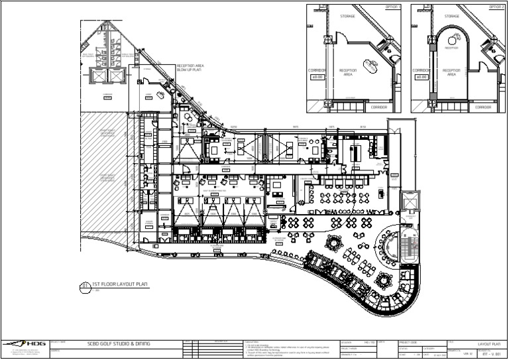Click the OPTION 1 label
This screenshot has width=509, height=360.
pos(393,7)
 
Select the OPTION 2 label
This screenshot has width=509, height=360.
pos(497,7)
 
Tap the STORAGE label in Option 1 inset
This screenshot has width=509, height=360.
pos(348,15)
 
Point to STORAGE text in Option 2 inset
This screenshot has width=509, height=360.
pos(452,15)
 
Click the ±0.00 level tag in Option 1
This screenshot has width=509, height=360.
pos(317,77)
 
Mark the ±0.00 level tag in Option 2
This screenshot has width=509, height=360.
pos(421,77)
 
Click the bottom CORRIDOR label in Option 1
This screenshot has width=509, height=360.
pos(379,107)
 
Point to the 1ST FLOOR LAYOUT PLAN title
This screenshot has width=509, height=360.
pos(120,284)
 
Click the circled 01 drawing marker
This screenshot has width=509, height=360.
pos(85,286)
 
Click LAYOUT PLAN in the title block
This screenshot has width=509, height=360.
pos(491,344)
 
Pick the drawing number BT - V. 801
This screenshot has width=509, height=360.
pos(491,354)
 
